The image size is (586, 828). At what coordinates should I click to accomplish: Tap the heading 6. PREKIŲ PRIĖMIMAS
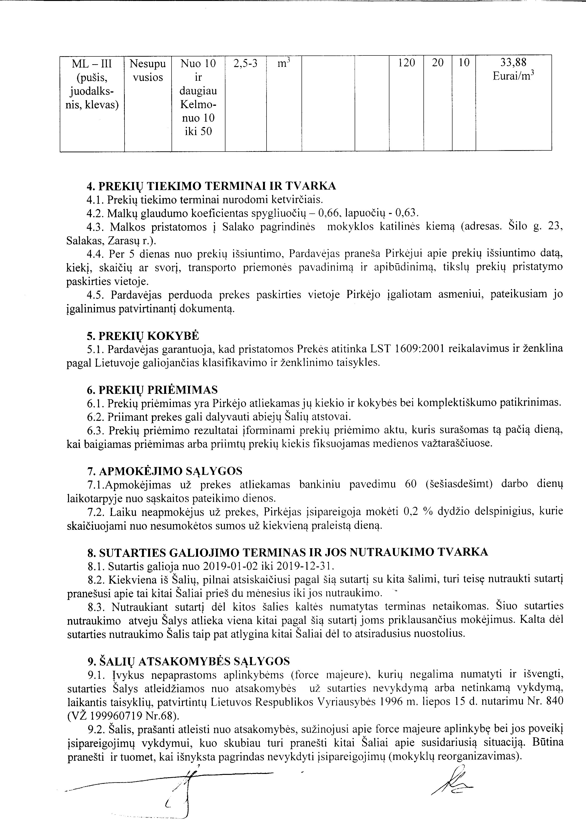152,390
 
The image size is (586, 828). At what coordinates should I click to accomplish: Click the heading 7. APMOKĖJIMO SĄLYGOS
165,471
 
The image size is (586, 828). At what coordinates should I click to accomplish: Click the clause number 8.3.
96,606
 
